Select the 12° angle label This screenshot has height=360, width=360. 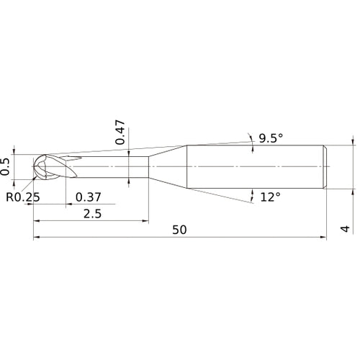pos(269,197)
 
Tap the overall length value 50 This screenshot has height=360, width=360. pos(180,230)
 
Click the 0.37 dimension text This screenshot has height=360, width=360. pos(88,197)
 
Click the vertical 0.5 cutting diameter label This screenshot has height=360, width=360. pos(7,166)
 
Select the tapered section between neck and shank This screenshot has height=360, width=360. pos(167,167)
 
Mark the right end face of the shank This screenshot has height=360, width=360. pos(327,167)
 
